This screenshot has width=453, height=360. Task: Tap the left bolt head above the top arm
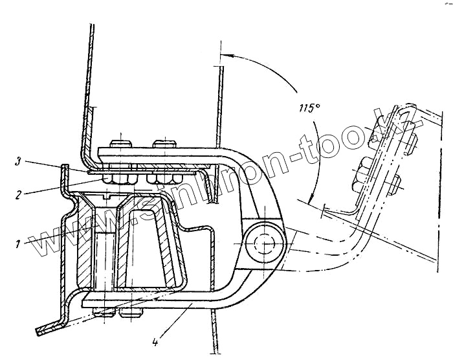(121, 143)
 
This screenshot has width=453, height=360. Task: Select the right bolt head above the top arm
(162, 143)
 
